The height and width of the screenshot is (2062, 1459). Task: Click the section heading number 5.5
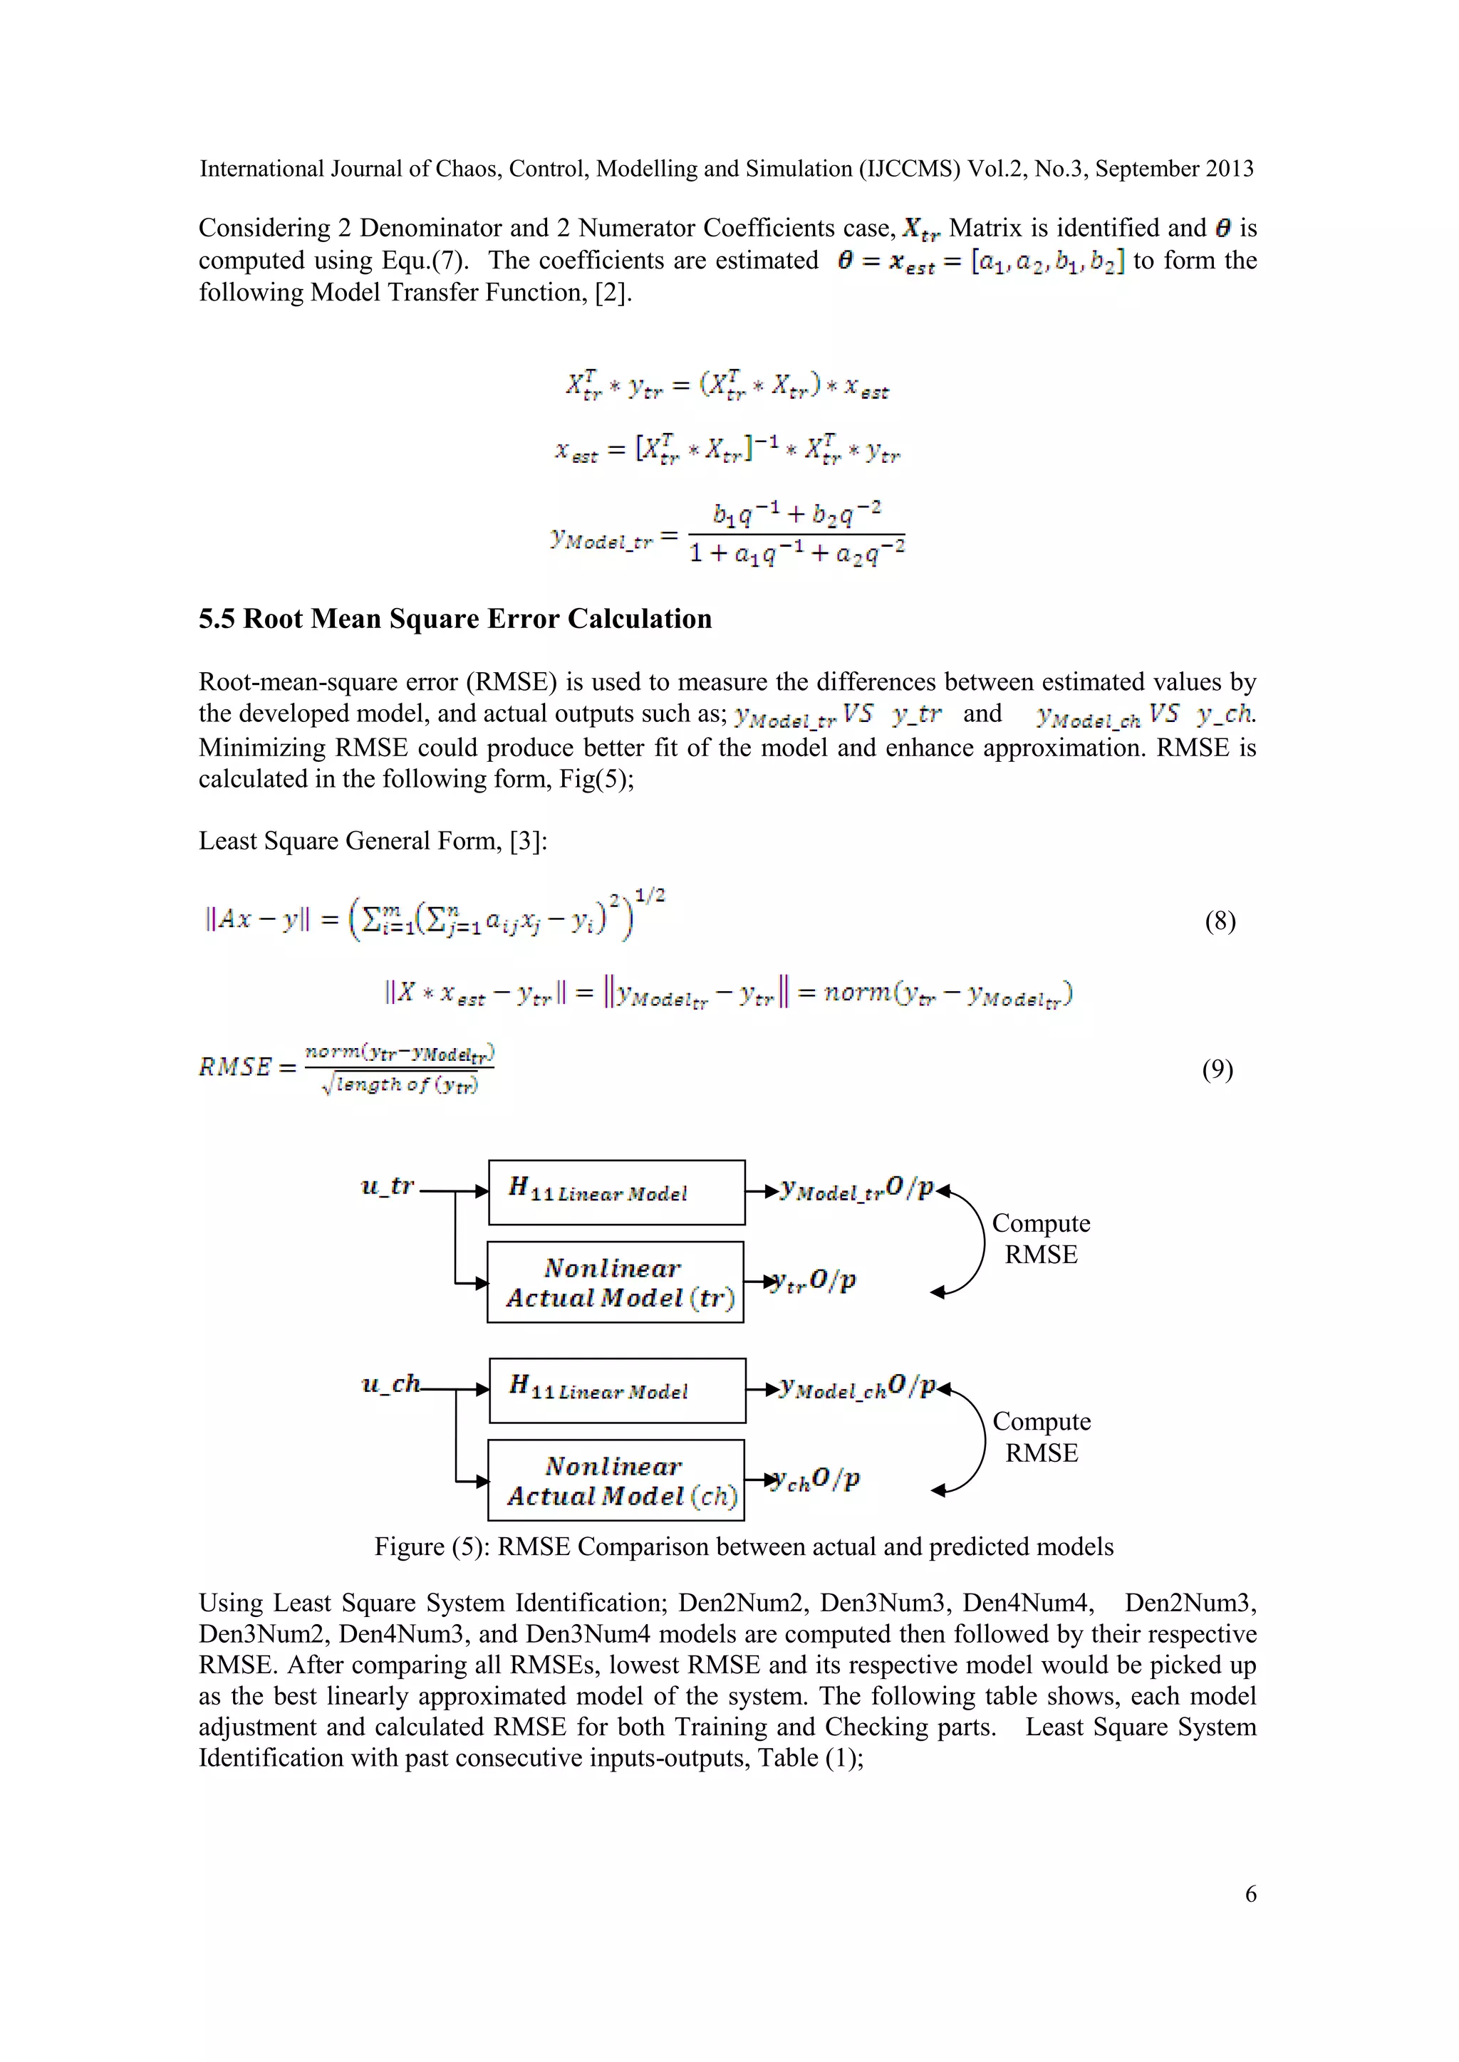tap(217, 619)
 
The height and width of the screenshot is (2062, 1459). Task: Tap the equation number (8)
tap(1219, 921)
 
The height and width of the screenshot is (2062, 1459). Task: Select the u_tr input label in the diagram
tap(388, 1186)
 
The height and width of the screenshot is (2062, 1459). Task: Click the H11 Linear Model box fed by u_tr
tap(616, 1192)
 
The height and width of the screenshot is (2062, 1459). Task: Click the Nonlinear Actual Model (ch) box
tap(616, 1480)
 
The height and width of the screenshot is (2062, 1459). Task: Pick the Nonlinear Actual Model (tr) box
tap(616, 1282)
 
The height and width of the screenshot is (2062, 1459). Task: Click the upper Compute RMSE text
tap(1040, 1238)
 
